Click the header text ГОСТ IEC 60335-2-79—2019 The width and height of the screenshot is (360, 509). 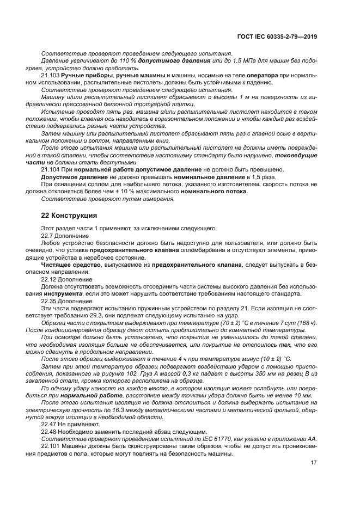pos(277,36)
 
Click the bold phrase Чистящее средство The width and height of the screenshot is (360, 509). pos(66,264)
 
